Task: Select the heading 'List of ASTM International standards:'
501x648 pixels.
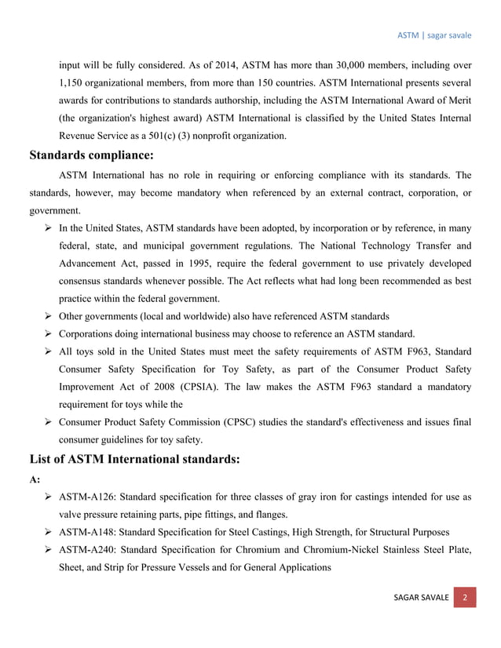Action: pyautogui.click(x=134, y=459)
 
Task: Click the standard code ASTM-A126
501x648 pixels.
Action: pyautogui.click(x=90, y=497)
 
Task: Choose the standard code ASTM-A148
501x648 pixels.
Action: pyautogui.click(x=90, y=533)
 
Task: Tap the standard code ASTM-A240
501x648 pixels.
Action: pyautogui.click(x=90, y=551)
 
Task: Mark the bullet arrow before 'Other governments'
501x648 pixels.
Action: pyautogui.click(x=49, y=316)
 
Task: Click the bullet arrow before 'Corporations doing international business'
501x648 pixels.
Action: pyautogui.click(x=49, y=334)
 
